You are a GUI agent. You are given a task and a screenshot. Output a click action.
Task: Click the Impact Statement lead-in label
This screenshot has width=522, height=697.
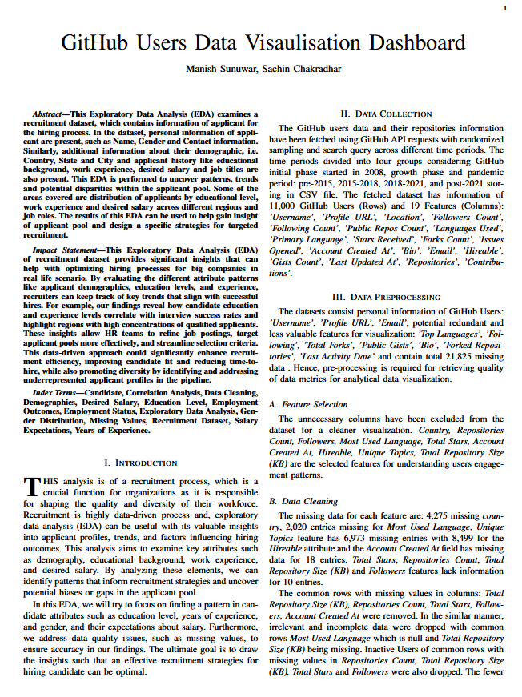68,250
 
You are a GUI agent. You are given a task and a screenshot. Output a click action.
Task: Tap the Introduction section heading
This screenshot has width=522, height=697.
141,463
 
